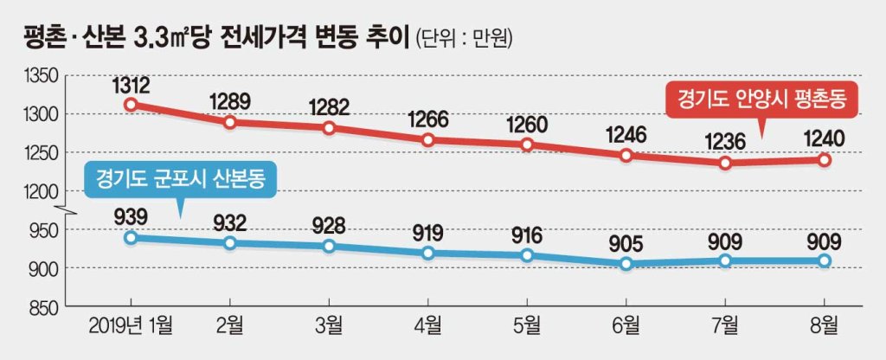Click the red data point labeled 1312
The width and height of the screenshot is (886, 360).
(132, 104)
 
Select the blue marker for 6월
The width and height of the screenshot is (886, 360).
(626, 263)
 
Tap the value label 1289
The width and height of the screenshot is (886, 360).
(230, 102)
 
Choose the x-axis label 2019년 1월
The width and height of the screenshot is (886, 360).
(132, 326)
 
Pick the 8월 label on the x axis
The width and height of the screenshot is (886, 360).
(825, 326)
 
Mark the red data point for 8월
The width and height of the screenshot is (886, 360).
(825, 160)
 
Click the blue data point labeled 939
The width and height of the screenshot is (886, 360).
(132, 237)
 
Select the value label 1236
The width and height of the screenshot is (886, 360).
(726, 143)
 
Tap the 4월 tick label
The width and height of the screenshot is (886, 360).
(427, 326)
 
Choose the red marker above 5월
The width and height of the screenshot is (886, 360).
(527, 145)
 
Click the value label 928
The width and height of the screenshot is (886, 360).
(329, 226)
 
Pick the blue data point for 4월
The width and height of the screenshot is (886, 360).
(428, 254)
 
